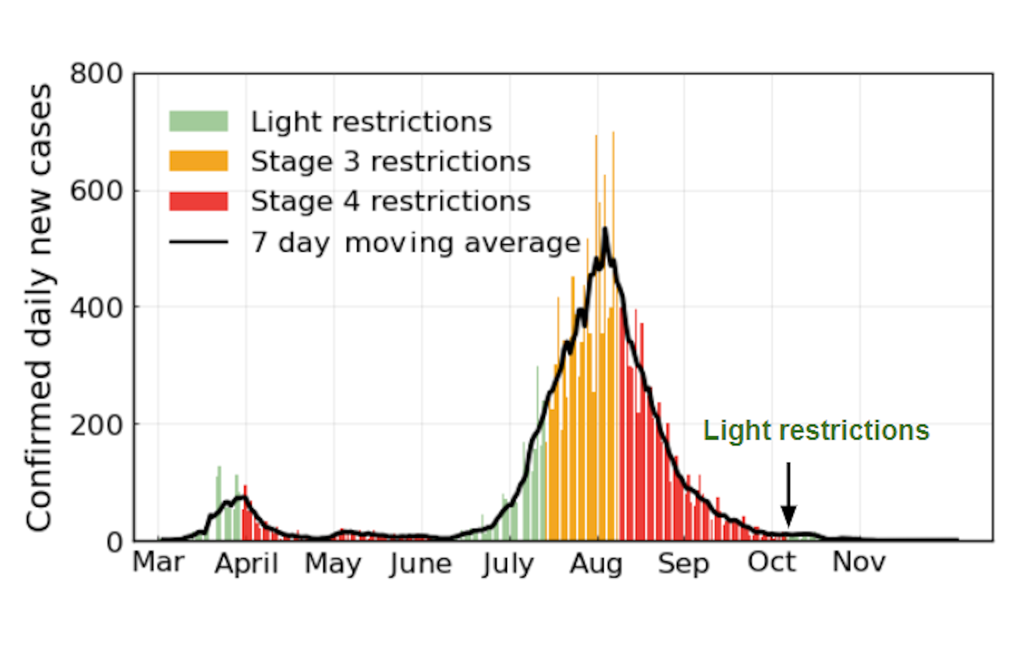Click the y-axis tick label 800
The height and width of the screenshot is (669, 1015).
tap(96, 74)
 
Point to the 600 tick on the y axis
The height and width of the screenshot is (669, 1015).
tap(96, 191)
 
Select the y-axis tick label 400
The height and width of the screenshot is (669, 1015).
tap(96, 308)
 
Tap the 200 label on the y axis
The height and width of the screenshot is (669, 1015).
tap(96, 425)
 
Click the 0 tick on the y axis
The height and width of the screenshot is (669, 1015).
tap(114, 543)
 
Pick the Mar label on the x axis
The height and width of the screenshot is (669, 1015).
tap(158, 562)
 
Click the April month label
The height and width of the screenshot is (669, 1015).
tap(246, 564)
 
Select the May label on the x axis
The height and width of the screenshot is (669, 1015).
tap(333, 564)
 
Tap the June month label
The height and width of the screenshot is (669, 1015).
tap(421, 564)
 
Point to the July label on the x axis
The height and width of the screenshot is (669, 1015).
tap(509, 564)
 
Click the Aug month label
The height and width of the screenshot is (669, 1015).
tap(596, 564)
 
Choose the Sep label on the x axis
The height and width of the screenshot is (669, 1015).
tap(683, 564)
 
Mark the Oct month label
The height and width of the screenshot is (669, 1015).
tap(771, 562)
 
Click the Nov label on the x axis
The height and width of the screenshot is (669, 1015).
tap(859, 562)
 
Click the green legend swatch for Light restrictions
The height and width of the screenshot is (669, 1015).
tap(198, 121)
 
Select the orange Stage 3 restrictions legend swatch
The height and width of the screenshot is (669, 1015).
tap(198, 161)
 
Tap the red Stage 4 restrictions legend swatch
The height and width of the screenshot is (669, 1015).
tap(198, 201)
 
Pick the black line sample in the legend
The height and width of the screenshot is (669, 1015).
tap(198, 242)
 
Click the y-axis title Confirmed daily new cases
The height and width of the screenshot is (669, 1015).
tap(40, 307)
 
